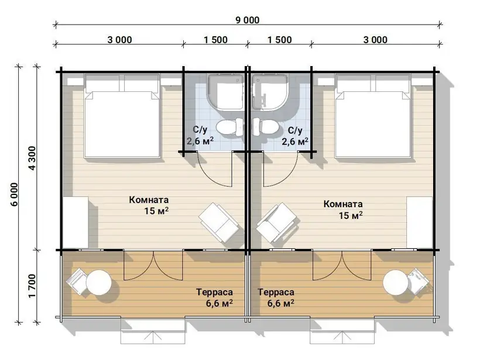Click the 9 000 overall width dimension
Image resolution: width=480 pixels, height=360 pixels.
[x=248, y=20]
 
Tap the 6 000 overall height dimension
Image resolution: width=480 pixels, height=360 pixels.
[x=15, y=194]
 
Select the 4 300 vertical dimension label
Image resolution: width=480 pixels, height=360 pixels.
[x=32, y=158]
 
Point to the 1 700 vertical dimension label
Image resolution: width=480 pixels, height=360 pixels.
[x=32, y=286]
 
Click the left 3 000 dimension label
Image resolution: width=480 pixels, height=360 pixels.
[x=119, y=40]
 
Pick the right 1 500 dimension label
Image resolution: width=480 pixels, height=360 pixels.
[x=279, y=40]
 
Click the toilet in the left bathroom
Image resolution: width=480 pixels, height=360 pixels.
[x=230, y=127]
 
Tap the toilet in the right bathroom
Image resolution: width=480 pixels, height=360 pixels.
[x=265, y=127]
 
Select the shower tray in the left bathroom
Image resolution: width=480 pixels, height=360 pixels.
[x=226, y=91]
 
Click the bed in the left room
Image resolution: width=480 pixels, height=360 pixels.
[x=122, y=116]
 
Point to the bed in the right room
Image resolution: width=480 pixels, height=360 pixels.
[x=373, y=116]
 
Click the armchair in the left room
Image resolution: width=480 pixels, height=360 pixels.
[x=218, y=222]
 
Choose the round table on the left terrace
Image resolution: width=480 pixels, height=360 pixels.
[x=99, y=282]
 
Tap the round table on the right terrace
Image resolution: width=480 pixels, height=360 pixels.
[x=396, y=282]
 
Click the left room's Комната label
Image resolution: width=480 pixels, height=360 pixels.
[x=149, y=200]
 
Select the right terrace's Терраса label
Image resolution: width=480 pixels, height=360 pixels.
[x=276, y=292]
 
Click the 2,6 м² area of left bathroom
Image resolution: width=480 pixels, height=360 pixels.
[x=200, y=141]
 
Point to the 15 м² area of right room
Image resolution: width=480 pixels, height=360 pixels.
[x=351, y=215]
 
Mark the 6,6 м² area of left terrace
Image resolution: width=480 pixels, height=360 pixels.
[x=219, y=303]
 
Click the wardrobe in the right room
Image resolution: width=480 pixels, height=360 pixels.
[x=419, y=222]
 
